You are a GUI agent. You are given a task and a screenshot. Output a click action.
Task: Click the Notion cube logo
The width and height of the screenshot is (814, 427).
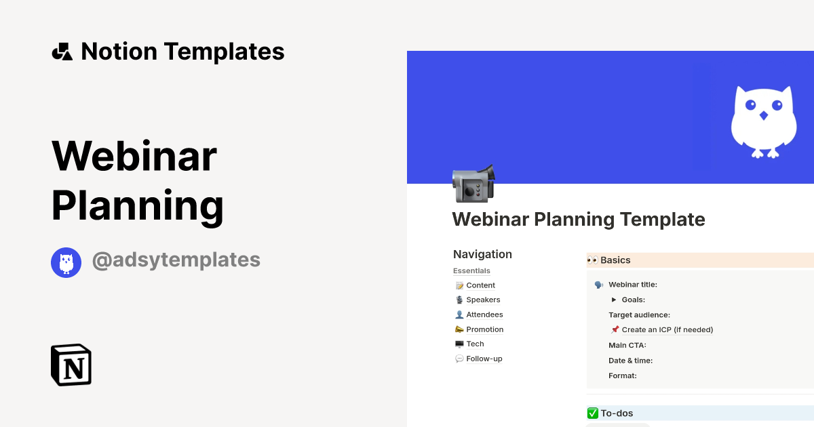[x=71, y=365]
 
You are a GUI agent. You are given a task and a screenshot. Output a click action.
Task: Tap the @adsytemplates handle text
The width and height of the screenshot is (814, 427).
[x=176, y=260]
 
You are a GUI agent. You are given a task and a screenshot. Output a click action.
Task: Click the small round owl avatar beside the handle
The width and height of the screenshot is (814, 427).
[x=66, y=263]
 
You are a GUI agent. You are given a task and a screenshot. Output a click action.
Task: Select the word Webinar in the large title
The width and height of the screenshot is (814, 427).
[x=134, y=156]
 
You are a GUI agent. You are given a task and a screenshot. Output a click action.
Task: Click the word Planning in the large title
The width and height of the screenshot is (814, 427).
[x=138, y=205]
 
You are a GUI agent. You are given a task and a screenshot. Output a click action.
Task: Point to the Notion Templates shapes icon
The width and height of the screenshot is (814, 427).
[x=62, y=52]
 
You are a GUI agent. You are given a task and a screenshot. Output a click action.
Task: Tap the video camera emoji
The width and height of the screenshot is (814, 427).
[x=473, y=183]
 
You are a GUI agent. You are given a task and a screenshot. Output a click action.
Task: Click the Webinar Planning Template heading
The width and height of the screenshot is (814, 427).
[x=579, y=220]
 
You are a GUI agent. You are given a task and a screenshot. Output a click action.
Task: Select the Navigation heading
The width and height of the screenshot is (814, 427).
[x=482, y=254]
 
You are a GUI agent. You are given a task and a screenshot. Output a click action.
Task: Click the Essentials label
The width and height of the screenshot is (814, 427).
[x=471, y=271]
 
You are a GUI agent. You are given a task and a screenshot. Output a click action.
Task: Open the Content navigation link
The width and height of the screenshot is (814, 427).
[x=480, y=285]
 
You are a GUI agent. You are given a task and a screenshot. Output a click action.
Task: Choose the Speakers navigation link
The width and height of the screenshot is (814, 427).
[x=483, y=300]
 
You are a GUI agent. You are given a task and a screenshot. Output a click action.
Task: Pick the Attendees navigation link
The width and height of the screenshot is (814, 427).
[x=484, y=314]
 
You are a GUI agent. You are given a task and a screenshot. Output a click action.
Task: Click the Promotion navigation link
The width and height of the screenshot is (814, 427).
[x=484, y=329]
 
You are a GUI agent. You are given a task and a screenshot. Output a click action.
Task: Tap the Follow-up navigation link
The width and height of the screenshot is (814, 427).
[x=484, y=359]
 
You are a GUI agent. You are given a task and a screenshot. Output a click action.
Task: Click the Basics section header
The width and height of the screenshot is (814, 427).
[x=615, y=260]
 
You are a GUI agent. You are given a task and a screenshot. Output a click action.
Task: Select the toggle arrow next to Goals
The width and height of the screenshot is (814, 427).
[x=614, y=300]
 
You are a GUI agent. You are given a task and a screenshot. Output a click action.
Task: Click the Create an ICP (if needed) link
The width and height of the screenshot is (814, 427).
[x=667, y=330]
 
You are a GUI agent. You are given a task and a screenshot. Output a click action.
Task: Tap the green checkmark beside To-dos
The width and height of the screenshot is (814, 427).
[x=593, y=413]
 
